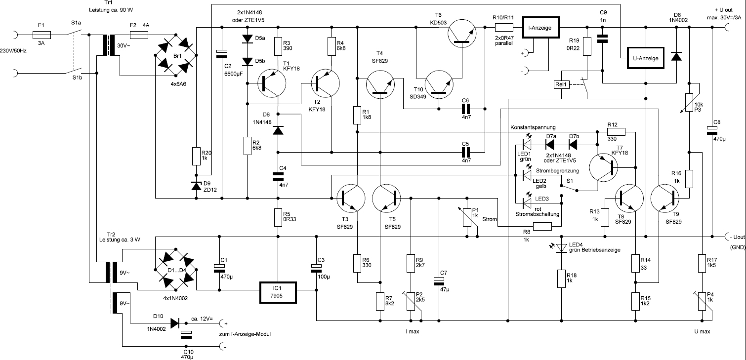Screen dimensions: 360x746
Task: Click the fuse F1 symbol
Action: pos(41,35)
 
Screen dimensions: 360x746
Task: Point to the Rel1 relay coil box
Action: pos(562,84)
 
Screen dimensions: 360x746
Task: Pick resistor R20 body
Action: pos(197,157)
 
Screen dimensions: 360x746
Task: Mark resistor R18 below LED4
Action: pos(561,279)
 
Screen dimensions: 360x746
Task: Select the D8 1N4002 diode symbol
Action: pos(676,56)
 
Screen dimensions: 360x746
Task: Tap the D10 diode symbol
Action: pos(174,323)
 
